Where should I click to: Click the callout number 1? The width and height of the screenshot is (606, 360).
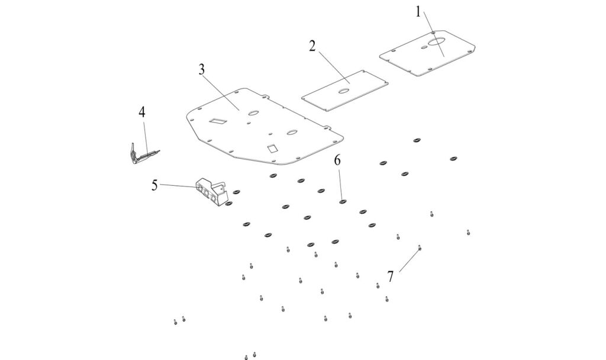[418, 12]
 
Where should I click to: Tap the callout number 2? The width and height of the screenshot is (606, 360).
[312, 46]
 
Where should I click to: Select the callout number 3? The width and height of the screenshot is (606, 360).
[202, 69]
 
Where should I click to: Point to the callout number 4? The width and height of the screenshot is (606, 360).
[142, 112]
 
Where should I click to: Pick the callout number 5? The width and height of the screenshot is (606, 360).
[154, 185]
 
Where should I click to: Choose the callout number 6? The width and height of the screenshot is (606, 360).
[337, 160]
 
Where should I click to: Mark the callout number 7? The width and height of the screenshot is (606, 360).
[391, 276]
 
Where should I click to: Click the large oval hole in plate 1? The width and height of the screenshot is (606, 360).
[439, 41]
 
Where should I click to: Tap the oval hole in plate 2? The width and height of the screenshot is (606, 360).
[343, 91]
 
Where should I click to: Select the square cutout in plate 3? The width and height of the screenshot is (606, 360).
[272, 149]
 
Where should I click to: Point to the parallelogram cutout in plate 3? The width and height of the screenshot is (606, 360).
[217, 121]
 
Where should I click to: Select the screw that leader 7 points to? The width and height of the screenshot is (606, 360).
[420, 249]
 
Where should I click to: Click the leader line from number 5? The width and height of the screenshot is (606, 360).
[178, 187]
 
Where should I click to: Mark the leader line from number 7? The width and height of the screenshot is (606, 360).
[409, 261]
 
